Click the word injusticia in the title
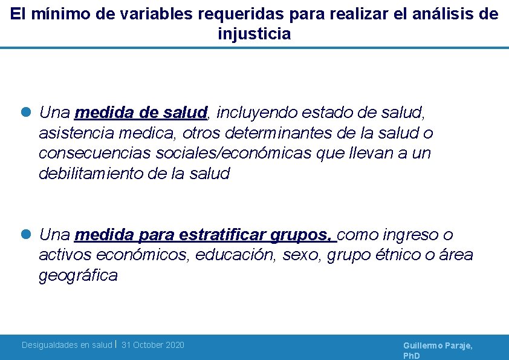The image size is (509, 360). (x=254, y=34)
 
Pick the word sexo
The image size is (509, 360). (x=303, y=255)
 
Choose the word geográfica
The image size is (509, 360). (x=78, y=276)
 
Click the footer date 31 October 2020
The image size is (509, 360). (x=153, y=345)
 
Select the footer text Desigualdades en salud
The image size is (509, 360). (x=66, y=345)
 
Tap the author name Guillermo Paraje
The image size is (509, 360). (x=438, y=345)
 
